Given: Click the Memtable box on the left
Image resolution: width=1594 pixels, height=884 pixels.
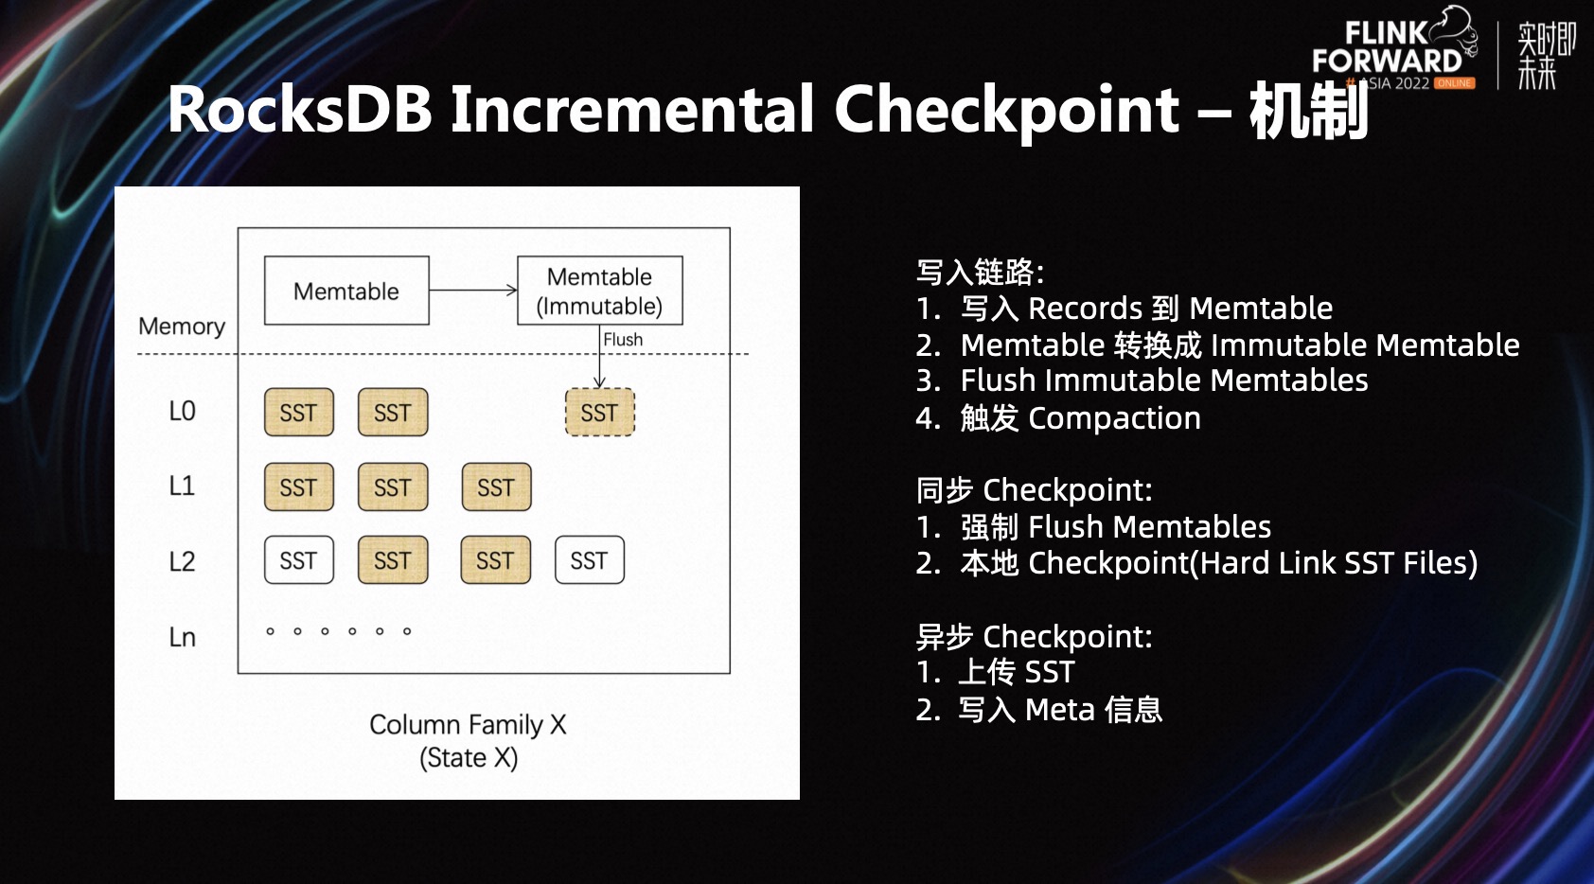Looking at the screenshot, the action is tap(346, 292).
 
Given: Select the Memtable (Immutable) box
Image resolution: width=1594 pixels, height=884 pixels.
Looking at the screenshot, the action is tap(599, 292).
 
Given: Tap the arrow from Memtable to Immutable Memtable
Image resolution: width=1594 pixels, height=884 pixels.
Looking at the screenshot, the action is tap(472, 291).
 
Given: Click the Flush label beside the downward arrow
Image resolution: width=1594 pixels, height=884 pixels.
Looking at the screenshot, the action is tap(623, 340).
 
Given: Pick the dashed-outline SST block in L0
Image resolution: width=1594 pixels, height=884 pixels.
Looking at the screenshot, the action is tap(599, 413).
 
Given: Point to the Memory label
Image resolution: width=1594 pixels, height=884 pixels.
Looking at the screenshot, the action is tap(182, 327).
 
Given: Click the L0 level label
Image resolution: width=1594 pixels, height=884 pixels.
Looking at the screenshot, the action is tap(182, 412).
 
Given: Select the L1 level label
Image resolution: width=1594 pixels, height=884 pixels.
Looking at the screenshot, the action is tap(182, 486).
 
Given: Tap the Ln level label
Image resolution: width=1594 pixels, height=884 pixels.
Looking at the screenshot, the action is tap(182, 637).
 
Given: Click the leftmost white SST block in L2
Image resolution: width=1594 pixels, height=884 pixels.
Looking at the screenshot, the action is tap(298, 561).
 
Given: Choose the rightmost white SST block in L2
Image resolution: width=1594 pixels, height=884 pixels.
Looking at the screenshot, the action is tap(589, 561).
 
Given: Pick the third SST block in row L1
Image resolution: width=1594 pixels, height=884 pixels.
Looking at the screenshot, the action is tap(496, 487).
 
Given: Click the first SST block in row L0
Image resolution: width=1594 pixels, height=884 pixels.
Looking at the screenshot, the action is tap(298, 413).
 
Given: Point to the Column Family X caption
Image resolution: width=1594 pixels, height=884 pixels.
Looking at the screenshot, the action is tap(468, 725).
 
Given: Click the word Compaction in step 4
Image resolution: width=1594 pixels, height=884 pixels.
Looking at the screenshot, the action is tap(1114, 418).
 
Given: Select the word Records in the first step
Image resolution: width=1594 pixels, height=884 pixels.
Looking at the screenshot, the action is tap(1086, 309).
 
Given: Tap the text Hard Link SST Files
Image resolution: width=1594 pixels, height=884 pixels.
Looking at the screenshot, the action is tap(1335, 563).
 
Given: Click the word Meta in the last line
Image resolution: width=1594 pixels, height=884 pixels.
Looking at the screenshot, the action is tap(1059, 710).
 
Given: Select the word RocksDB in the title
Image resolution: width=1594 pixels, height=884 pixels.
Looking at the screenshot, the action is tap(300, 109).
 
